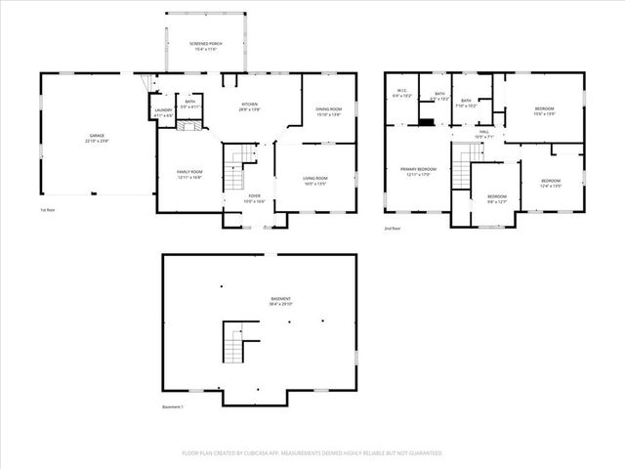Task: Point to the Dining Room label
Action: [328, 111]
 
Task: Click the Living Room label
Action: [313, 180]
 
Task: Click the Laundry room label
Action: [163, 112]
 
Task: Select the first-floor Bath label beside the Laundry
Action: [190, 104]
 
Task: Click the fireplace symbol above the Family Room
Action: [193, 125]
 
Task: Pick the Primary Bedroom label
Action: [418, 172]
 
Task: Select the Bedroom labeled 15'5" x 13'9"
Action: [544, 112]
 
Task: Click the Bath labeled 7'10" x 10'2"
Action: [467, 104]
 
